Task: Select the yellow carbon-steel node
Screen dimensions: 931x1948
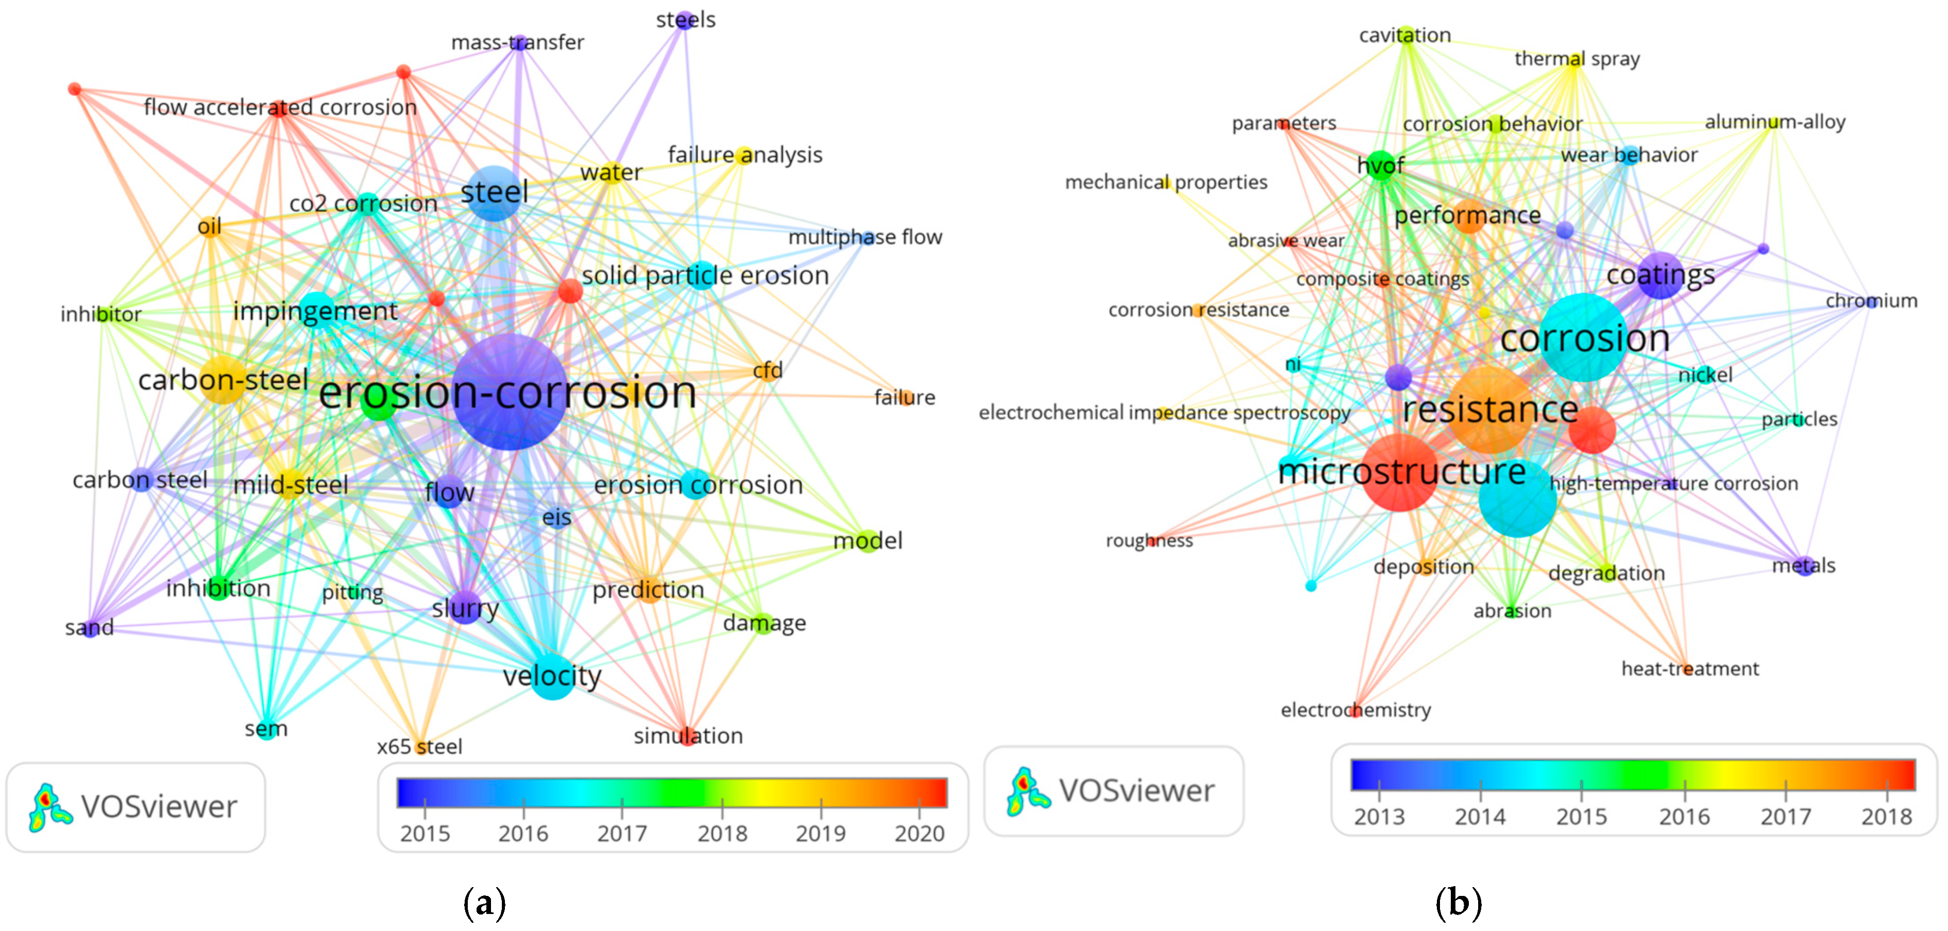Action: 222,380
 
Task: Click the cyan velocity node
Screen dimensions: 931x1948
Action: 553,675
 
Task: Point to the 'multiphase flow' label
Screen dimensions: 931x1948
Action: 865,237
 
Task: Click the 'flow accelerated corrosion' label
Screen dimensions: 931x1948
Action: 280,107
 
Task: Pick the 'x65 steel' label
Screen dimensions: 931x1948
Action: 420,746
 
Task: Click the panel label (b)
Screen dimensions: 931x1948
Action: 1458,902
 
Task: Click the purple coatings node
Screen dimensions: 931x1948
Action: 1660,275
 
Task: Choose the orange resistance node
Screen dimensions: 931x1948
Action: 1489,410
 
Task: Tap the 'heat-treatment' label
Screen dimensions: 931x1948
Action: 1690,668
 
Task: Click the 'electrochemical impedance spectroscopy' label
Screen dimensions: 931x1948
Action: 1164,413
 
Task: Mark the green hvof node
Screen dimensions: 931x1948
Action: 1380,165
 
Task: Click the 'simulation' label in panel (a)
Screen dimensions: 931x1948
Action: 687,736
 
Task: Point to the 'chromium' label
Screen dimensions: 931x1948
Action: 1871,301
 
